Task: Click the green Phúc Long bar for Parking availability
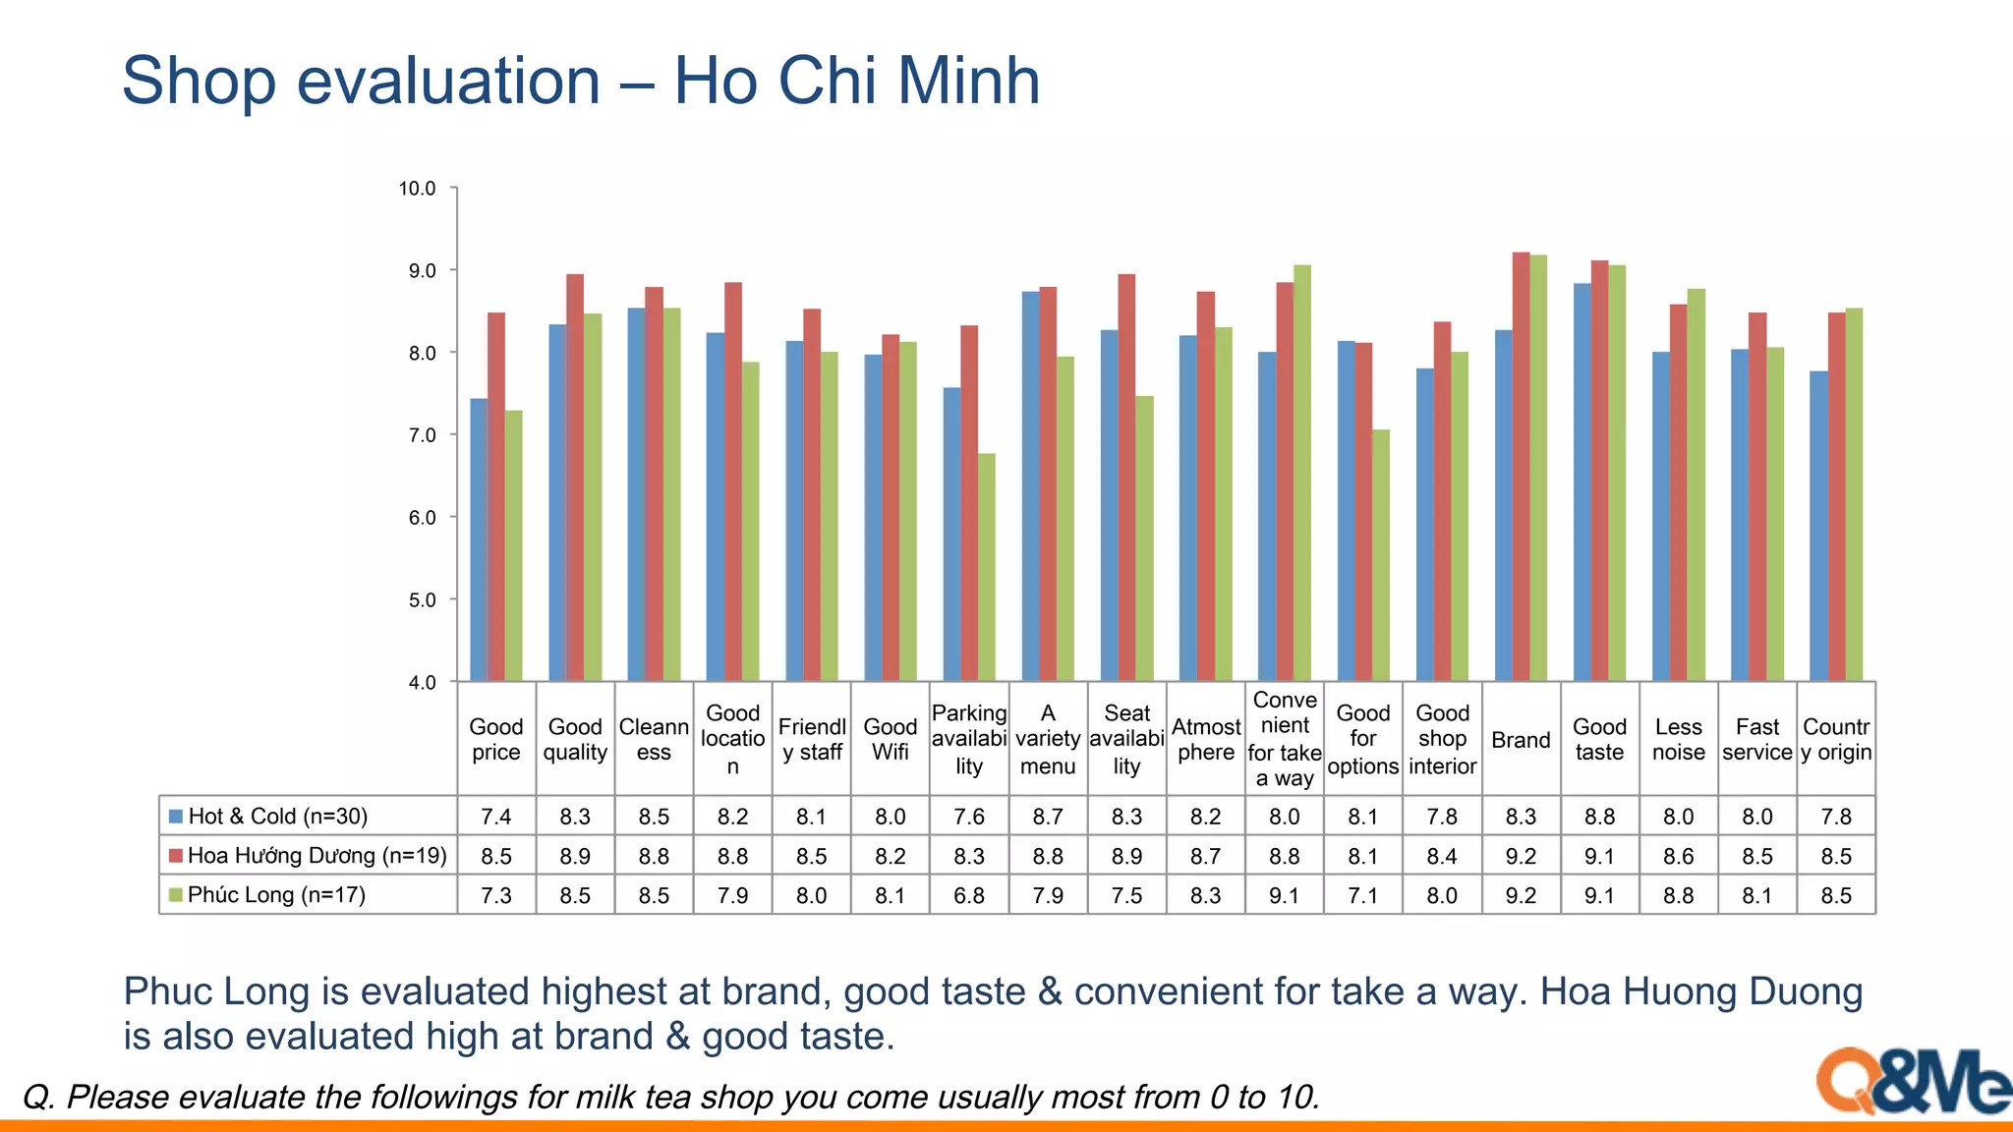986,568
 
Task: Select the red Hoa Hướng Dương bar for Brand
1521,467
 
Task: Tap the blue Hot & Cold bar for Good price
479,539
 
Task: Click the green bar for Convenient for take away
1301,473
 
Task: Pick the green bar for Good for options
1380,555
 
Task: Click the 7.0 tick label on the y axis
422,435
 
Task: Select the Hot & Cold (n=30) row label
277,817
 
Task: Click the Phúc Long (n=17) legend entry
276,895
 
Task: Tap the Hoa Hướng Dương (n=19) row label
316,856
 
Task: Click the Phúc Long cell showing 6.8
969,896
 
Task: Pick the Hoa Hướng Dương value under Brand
1521,857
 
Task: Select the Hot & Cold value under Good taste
1599,817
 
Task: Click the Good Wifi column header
890,739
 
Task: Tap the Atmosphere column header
1206,739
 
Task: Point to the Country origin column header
1836,739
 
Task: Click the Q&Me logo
1912,1081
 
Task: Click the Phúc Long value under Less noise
1678,896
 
